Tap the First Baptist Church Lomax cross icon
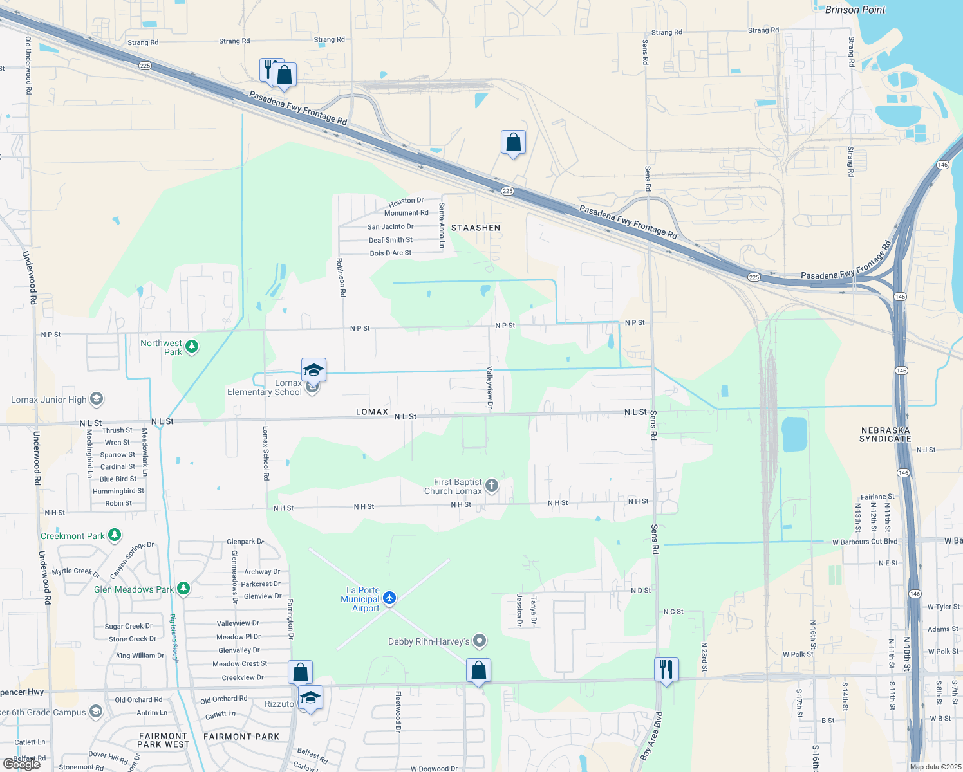click(x=492, y=486)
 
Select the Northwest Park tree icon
click(x=192, y=347)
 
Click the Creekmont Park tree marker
click(x=115, y=535)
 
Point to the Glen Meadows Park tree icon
click(x=183, y=589)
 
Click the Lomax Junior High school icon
click(x=96, y=400)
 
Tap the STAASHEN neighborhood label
click(x=476, y=228)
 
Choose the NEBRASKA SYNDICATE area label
click(x=885, y=434)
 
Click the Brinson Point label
click(x=855, y=10)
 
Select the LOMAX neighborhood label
click(x=372, y=412)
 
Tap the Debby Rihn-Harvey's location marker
click(x=480, y=641)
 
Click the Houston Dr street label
click(x=406, y=202)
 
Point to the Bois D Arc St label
click(x=390, y=253)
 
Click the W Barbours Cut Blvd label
click(x=865, y=542)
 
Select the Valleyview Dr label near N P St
click(x=489, y=388)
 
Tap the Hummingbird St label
click(x=118, y=491)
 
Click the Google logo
click(x=21, y=764)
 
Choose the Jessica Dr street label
click(x=519, y=610)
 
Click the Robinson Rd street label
click(x=341, y=277)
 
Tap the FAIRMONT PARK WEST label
click(x=164, y=740)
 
